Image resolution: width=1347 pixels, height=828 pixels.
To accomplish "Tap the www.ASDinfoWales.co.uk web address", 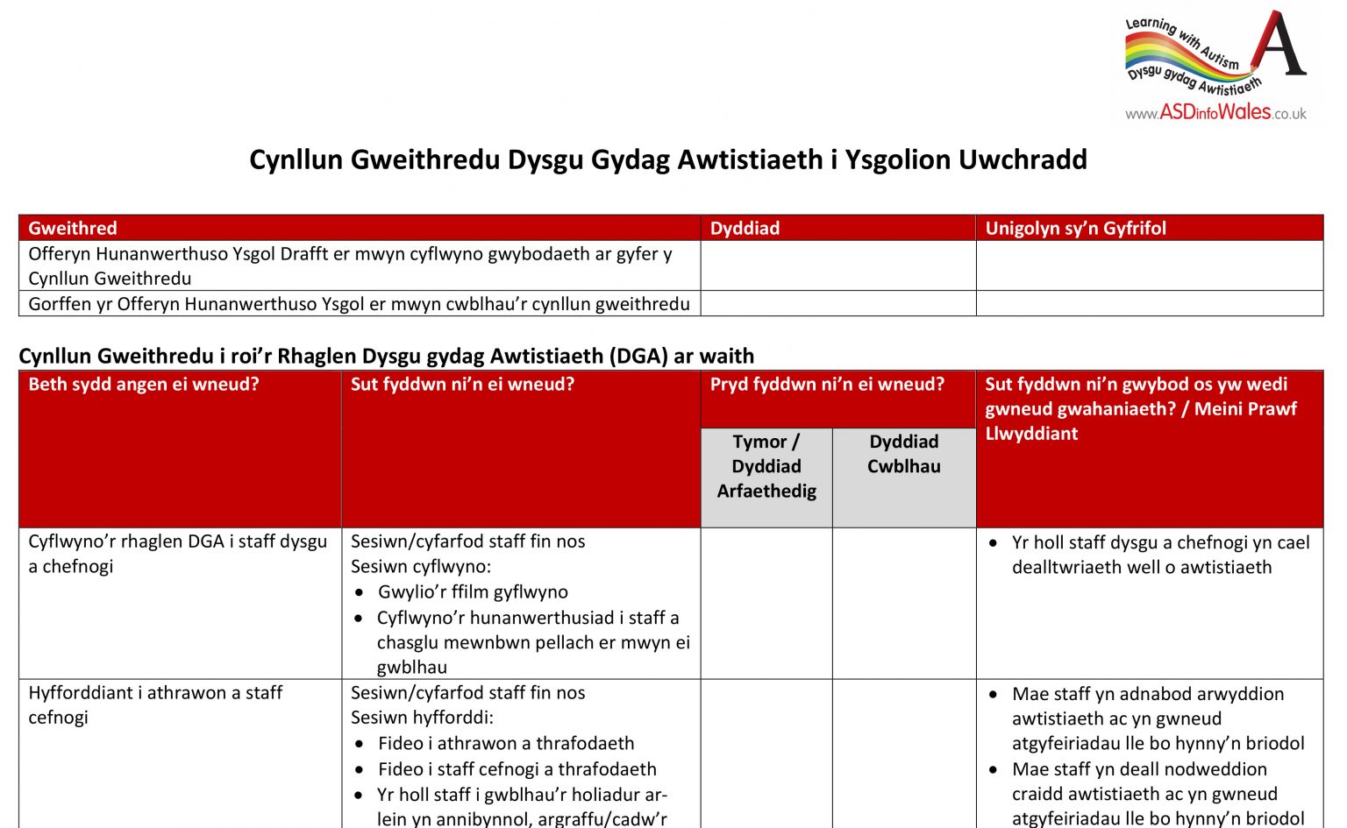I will point(1215,113).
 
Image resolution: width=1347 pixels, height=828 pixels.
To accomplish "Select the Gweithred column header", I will point(73,229).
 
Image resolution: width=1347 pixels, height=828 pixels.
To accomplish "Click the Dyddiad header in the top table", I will point(745,229).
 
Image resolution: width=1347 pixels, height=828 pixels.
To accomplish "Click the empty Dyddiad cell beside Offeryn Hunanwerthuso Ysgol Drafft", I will point(837,265).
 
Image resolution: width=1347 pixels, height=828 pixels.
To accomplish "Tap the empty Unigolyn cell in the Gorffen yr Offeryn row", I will point(1149,304).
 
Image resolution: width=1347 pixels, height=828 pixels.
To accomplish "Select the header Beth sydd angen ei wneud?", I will point(144,385).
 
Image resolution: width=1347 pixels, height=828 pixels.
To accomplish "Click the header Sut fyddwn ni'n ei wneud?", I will point(462,385).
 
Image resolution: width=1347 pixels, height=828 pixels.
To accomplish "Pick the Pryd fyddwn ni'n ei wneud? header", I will point(827,385).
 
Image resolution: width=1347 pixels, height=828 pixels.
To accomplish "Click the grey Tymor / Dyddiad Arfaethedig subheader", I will point(766,466).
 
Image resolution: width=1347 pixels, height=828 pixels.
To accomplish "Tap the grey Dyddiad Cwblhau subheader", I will point(903,454).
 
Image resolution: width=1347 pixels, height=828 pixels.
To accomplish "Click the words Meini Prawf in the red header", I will point(1245,409).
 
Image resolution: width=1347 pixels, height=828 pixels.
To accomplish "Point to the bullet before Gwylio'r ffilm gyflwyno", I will point(359,593).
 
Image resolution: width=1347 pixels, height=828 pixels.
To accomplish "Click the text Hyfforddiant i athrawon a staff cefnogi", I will point(155,704).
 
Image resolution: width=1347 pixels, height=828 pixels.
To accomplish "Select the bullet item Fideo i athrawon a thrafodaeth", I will point(506,744).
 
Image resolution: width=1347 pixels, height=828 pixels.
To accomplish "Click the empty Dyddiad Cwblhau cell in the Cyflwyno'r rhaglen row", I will point(903,603).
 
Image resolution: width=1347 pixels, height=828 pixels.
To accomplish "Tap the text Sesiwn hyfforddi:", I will point(422,718).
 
